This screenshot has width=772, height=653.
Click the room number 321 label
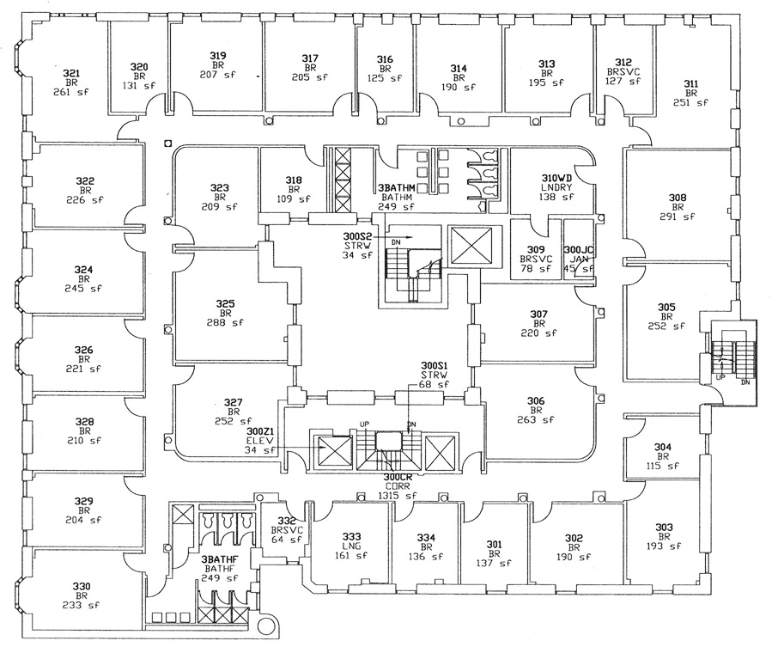71,73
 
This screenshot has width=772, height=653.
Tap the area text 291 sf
678,217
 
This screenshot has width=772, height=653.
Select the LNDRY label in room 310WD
556,187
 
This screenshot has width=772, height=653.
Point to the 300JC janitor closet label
579,250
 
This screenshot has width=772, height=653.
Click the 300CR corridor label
398,477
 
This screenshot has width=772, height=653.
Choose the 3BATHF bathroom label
220,559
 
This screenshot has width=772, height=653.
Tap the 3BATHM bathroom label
397,187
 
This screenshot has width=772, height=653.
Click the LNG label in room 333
351,546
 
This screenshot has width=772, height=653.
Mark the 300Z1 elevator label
260,431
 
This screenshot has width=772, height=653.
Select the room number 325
226,304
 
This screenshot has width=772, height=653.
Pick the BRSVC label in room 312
623,71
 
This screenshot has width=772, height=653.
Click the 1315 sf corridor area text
398,496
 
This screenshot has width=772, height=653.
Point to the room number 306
536,401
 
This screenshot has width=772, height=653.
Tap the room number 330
82,586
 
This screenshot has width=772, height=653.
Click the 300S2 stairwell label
357,236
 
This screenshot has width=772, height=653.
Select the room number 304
663,447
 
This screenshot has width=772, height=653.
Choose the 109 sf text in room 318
294,199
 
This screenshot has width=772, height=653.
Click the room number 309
536,250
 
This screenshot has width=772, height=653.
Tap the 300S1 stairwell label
435,366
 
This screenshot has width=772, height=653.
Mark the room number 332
287,521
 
